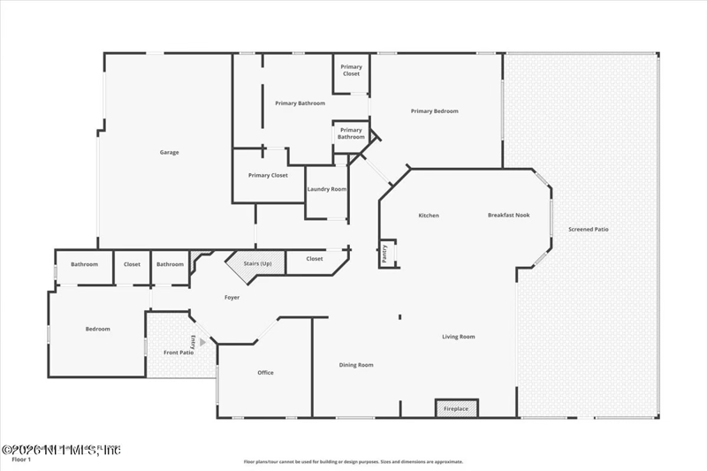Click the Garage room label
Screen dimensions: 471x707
click(x=169, y=152)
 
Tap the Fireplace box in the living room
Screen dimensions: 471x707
click(x=456, y=408)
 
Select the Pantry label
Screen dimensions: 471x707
click(x=385, y=254)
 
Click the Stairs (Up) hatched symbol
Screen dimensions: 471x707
click(x=256, y=262)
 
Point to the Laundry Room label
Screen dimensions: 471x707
click(x=326, y=189)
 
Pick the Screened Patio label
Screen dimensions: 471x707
click(x=588, y=229)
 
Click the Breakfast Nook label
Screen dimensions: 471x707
click(x=508, y=215)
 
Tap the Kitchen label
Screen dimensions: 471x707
click(x=429, y=216)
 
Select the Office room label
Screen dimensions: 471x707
click(x=265, y=372)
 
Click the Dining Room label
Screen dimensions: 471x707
click(x=356, y=365)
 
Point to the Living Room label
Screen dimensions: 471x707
click(x=459, y=337)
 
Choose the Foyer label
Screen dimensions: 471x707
click(x=232, y=297)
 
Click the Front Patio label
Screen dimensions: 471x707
click(x=179, y=353)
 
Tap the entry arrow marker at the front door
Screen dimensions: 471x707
click(x=202, y=341)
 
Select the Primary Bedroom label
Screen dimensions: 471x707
click(x=435, y=111)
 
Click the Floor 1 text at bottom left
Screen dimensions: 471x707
click(x=21, y=460)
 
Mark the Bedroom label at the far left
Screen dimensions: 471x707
click(x=97, y=329)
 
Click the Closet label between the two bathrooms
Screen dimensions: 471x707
click(x=132, y=264)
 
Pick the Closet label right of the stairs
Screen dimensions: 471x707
click(x=315, y=259)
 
